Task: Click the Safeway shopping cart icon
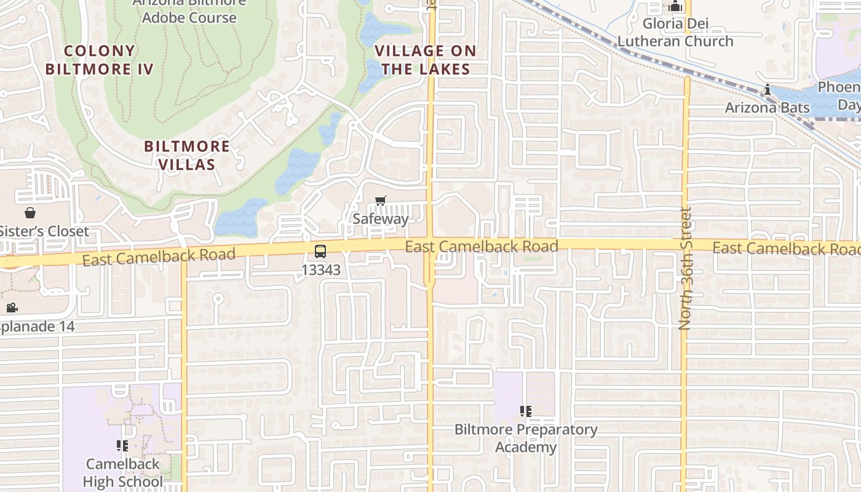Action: (381, 201)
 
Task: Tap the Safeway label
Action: (381, 219)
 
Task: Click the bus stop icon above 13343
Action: (320, 251)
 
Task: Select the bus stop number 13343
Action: (320, 269)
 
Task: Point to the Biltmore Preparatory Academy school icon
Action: (525, 411)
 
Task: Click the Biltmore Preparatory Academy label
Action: (526, 438)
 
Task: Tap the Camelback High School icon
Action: (122, 446)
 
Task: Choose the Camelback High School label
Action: (123, 472)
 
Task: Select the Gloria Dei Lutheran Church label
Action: (675, 33)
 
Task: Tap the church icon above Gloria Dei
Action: (676, 7)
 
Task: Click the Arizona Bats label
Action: (767, 108)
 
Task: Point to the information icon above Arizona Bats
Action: (767, 90)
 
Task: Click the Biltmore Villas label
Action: (187, 155)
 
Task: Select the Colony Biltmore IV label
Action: (99, 60)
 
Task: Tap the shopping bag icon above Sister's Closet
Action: (30, 213)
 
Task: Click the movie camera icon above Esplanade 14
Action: (12, 307)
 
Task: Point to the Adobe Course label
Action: (189, 17)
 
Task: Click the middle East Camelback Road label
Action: (482, 247)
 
